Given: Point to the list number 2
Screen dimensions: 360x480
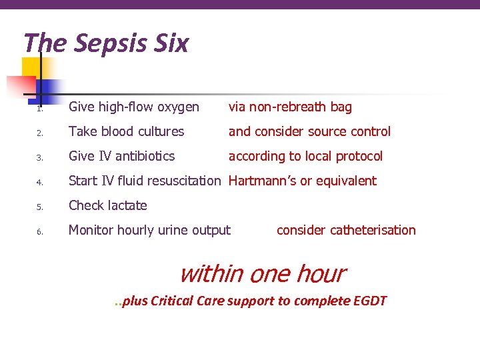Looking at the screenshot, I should [x=40, y=133].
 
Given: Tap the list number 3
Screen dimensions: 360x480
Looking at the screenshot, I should [x=40, y=157].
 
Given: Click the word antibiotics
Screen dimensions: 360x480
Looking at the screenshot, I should [x=143, y=157].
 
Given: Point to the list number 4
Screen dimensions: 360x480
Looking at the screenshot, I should [x=40, y=182].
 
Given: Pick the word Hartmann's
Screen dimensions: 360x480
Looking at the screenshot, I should [x=260, y=181].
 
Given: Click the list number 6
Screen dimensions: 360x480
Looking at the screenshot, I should [x=40, y=231].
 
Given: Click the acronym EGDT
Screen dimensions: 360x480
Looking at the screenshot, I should [x=368, y=301].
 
